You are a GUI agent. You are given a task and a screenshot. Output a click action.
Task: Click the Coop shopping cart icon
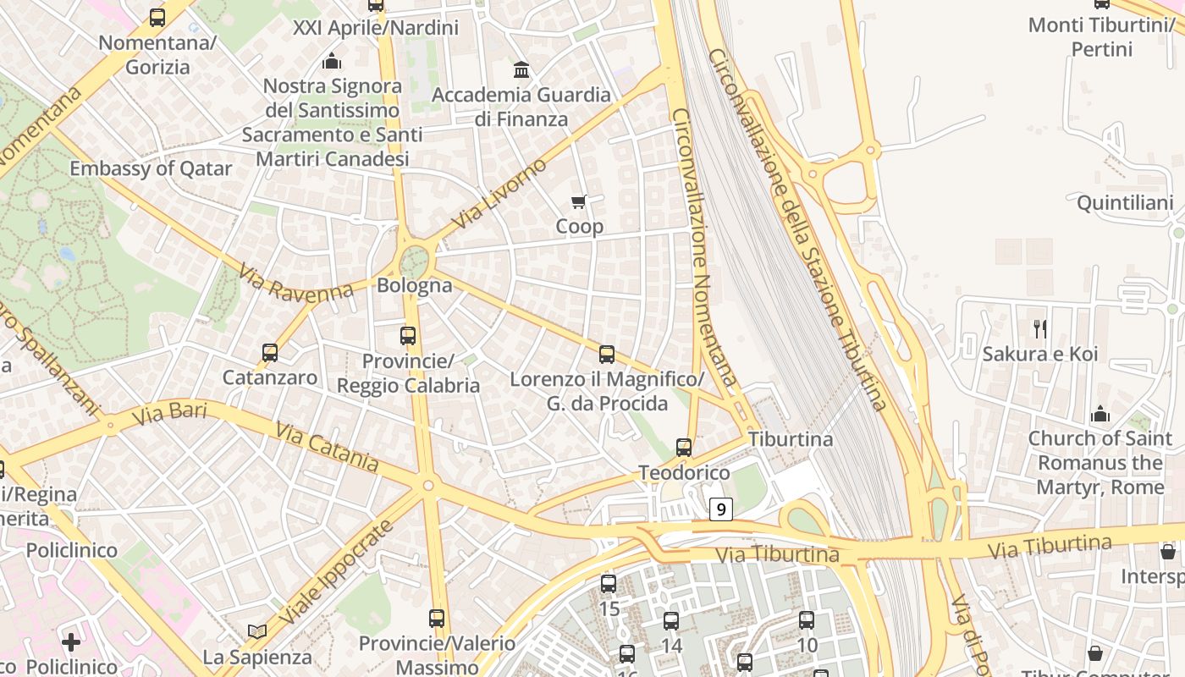click(x=579, y=201)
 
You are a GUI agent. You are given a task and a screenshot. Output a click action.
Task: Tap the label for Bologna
click(x=415, y=285)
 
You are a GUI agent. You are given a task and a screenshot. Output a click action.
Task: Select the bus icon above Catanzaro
click(x=270, y=353)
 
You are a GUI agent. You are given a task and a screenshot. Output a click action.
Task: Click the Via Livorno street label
click(x=499, y=194)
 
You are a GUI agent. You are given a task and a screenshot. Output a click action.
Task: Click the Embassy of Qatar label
click(x=151, y=168)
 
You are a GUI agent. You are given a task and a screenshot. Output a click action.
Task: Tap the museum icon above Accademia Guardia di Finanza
click(x=521, y=69)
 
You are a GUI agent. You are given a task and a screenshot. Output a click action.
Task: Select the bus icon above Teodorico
click(x=684, y=448)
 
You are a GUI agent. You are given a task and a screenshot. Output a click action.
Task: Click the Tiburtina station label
click(x=791, y=439)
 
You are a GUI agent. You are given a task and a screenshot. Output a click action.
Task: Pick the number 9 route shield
click(x=720, y=509)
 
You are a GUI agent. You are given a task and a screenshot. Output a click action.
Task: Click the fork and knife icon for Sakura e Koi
click(x=1040, y=328)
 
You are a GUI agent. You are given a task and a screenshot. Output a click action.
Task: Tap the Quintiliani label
click(x=1125, y=203)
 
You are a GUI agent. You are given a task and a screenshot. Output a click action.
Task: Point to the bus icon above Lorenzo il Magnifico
click(x=607, y=355)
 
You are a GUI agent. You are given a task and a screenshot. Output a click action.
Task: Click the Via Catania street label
click(x=327, y=447)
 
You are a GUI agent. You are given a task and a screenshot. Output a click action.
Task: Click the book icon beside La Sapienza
click(x=257, y=631)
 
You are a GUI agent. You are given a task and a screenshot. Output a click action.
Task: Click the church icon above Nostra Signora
click(x=332, y=61)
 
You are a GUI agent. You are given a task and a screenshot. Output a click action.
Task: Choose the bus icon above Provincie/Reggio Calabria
click(x=408, y=336)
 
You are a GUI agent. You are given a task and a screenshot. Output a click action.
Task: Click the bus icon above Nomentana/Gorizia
click(x=157, y=18)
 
